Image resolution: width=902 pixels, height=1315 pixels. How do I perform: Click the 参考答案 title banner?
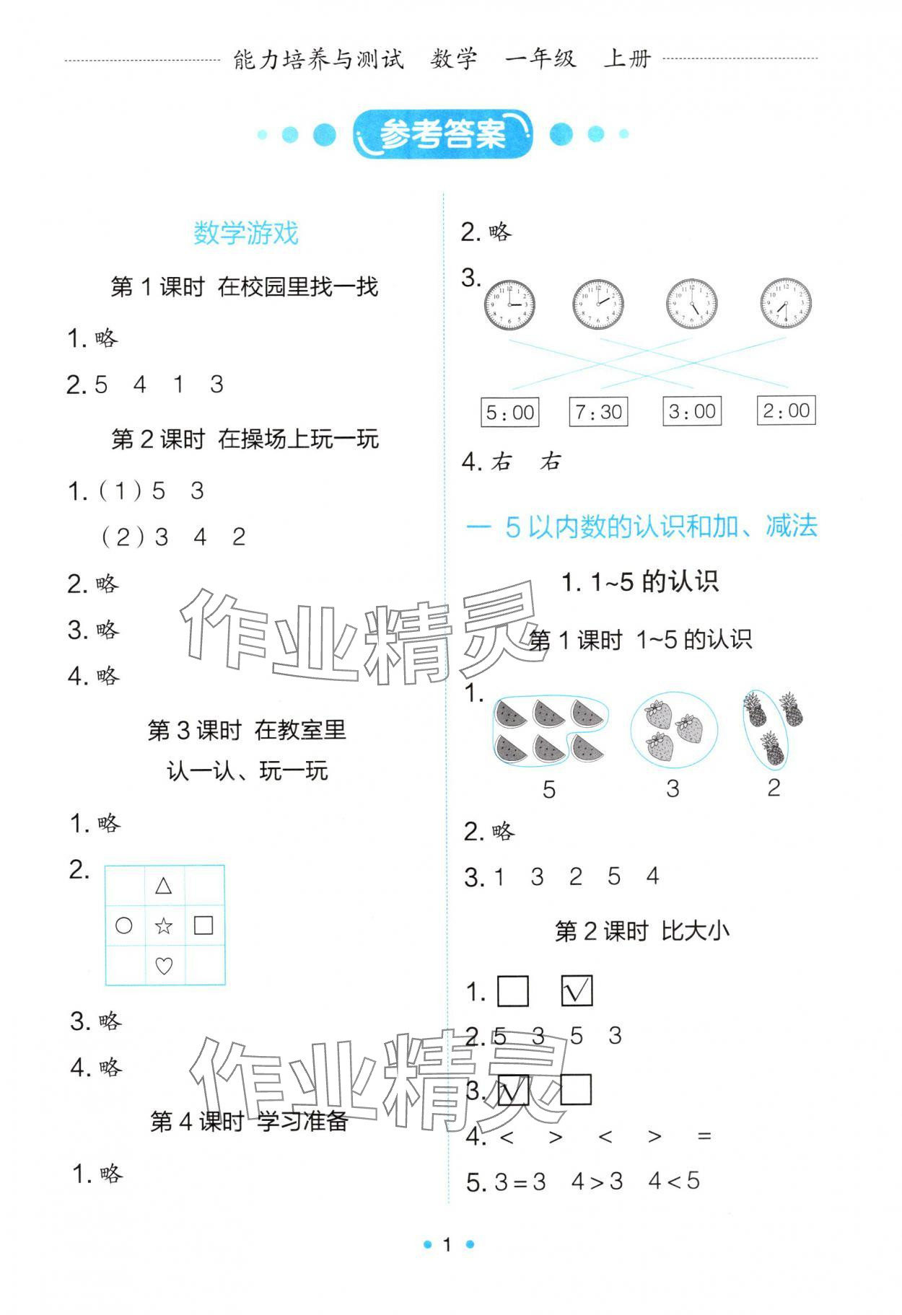442,134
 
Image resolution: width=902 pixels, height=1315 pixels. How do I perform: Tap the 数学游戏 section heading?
245,233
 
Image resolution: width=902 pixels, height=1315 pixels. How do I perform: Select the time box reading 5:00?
509,413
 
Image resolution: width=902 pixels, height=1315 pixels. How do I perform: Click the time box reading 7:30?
598,412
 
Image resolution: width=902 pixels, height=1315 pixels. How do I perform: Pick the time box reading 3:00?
691,411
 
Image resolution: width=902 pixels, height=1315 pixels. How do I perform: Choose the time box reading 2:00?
786,410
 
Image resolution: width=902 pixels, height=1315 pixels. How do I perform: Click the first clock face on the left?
509,304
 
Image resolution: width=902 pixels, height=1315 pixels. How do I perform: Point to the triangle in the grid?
164,886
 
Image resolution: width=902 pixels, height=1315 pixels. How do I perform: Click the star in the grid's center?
164,925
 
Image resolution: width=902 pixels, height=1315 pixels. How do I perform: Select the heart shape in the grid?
164,965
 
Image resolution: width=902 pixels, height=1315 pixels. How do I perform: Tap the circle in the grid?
124,925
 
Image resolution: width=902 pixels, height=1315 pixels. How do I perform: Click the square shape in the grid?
203,925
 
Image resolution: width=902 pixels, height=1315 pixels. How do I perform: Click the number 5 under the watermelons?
549,790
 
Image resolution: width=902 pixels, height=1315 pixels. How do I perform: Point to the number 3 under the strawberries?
673,789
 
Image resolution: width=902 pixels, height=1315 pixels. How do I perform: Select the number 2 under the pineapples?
774,788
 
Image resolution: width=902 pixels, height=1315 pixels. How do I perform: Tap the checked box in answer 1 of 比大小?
577,991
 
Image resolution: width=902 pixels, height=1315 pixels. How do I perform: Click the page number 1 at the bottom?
447,1244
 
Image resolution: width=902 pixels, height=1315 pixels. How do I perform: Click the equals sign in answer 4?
704,1138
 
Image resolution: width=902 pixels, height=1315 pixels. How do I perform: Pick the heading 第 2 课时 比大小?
642,931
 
